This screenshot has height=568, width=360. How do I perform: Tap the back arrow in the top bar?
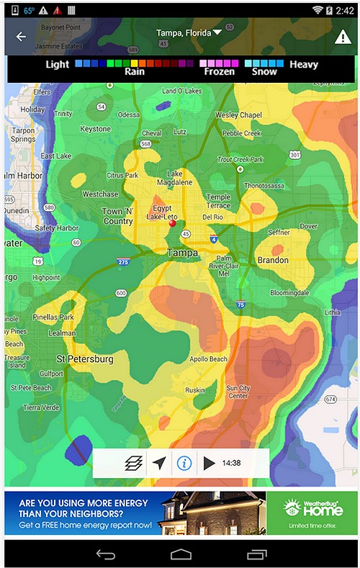pyautogui.click(x=21, y=37)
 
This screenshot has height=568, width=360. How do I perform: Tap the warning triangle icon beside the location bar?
pyautogui.click(x=343, y=37)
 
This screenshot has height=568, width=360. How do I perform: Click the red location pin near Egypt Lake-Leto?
pyautogui.click(x=172, y=224)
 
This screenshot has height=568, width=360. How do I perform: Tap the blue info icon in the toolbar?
pyautogui.click(x=184, y=463)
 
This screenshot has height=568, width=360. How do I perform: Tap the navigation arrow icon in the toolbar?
pyautogui.click(x=159, y=463)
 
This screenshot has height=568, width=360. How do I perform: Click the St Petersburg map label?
pyautogui.click(x=85, y=359)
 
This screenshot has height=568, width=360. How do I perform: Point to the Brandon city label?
pyautogui.click(x=272, y=260)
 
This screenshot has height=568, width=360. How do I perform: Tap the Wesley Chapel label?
pyautogui.click(x=238, y=115)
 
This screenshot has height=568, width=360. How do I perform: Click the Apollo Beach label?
pyautogui.click(x=208, y=359)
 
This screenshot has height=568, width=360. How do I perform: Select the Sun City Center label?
pyautogui.click(x=238, y=392)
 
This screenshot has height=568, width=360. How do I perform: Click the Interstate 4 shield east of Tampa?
pyautogui.click(x=213, y=238)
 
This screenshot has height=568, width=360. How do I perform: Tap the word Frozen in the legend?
pyautogui.click(x=219, y=72)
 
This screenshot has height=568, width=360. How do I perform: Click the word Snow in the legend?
pyautogui.click(x=264, y=72)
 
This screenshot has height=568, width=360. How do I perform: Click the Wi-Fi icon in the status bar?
pyautogui.click(x=318, y=10)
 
